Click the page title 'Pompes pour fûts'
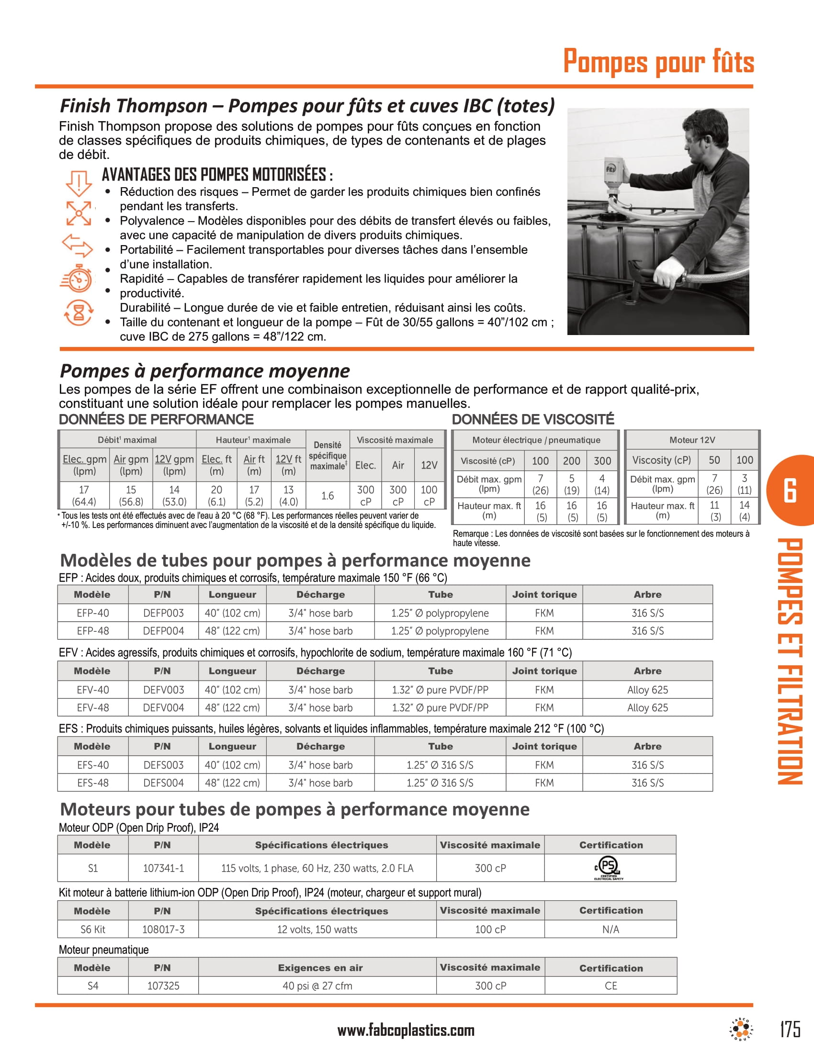[658, 62]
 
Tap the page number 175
[790, 1029]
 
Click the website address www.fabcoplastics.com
[406, 1031]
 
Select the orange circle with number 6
[791, 491]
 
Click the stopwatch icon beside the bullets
[78, 278]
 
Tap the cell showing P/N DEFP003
[163, 613]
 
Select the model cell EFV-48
[92, 707]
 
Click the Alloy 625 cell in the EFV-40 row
[647, 689]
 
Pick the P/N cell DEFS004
[163, 783]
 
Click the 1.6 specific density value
[328, 495]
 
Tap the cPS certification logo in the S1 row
[609, 868]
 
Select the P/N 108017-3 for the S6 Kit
[163, 929]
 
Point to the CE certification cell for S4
[610, 986]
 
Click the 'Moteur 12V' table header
[692, 440]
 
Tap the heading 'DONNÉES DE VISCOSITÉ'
[533, 419]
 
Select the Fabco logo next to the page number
[741, 1030]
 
